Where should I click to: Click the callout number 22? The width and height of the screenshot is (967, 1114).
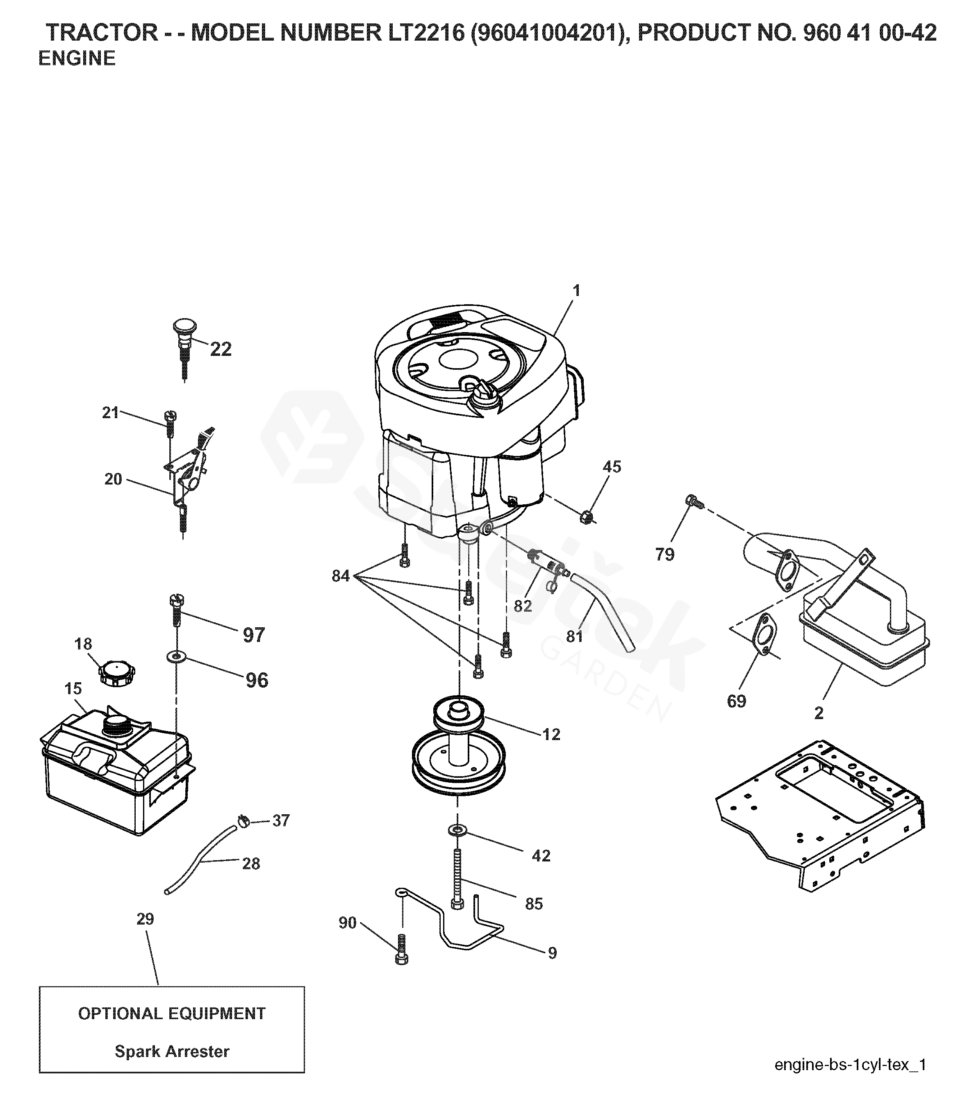(x=221, y=349)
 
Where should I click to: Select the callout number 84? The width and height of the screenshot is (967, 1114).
(x=341, y=576)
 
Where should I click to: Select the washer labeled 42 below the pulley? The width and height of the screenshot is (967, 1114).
(x=457, y=829)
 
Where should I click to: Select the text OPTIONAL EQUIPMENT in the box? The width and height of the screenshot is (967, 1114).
(x=172, y=1014)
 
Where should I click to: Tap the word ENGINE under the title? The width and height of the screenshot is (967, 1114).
(x=77, y=58)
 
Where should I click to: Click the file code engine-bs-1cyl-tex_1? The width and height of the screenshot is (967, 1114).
(x=851, y=1065)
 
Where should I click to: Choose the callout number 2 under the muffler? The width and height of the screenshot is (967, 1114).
(x=819, y=713)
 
